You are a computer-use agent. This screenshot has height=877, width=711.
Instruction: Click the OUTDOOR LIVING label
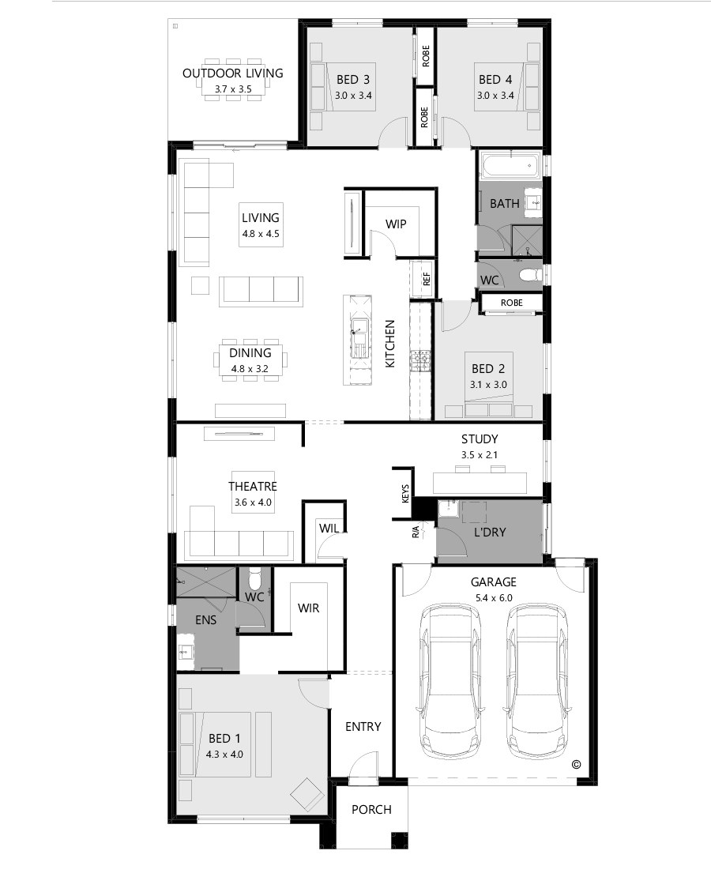[x=232, y=73]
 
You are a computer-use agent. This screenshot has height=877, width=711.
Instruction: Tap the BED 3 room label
[x=353, y=79]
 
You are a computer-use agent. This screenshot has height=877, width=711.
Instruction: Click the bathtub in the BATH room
[x=510, y=167]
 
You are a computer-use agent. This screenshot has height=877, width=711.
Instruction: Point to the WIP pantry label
[x=396, y=224]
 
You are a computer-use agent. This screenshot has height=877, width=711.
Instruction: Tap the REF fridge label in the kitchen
[x=427, y=278]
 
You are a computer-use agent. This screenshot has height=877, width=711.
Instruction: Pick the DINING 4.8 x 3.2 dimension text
[x=250, y=368]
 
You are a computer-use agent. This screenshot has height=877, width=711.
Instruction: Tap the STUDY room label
[x=480, y=439]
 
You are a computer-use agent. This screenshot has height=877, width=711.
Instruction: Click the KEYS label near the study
[x=405, y=495]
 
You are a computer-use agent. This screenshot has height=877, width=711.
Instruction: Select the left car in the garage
[x=450, y=682]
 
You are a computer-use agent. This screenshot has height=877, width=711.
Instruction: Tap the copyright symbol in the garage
[x=576, y=764]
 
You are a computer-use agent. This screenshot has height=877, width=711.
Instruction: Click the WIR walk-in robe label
[x=308, y=608]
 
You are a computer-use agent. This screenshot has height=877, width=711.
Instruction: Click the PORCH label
[x=371, y=810]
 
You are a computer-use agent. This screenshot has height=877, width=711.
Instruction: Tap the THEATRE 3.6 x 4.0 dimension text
[x=253, y=502]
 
